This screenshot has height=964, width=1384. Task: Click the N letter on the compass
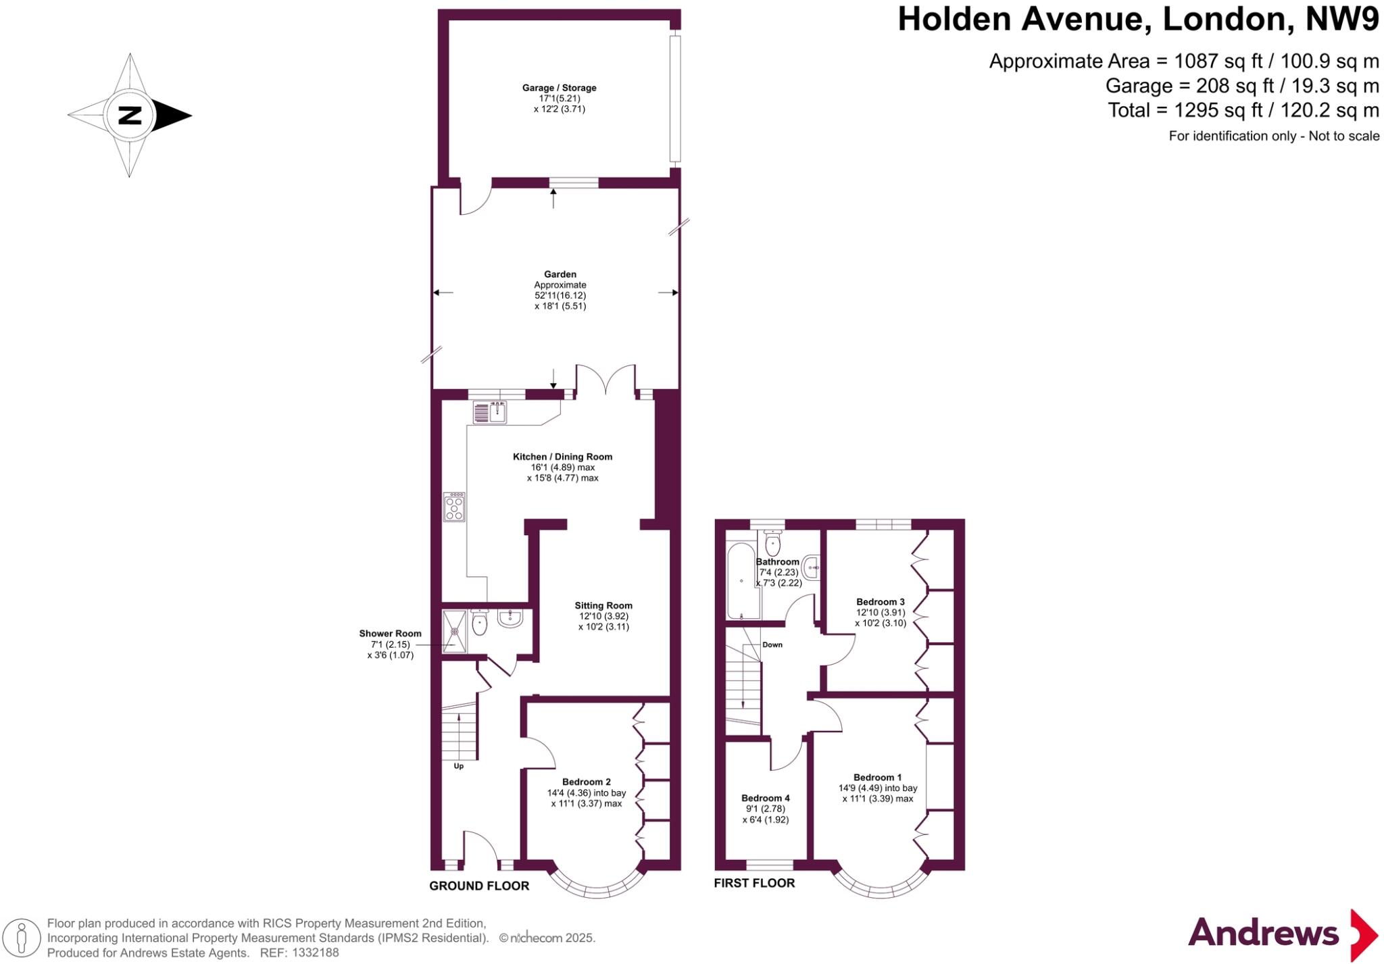click(130, 116)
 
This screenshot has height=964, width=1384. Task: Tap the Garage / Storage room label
click(559, 88)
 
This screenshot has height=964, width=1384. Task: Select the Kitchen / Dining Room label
click(562, 457)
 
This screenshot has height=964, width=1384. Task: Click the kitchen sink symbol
click(497, 411)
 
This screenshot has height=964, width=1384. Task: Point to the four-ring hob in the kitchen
click(454, 507)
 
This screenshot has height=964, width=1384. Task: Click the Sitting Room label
click(603, 605)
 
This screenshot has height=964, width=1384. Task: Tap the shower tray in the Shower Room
click(454, 632)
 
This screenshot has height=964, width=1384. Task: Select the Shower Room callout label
click(390, 634)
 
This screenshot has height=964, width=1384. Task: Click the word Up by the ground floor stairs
click(458, 766)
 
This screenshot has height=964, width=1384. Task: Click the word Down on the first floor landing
click(772, 644)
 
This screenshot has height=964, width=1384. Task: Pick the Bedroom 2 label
click(586, 782)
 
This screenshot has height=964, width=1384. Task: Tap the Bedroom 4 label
click(765, 798)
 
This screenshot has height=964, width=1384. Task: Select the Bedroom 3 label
click(880, 602)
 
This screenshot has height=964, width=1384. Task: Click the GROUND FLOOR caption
click(479, 886)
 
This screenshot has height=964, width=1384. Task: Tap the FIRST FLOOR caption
click(754, 883)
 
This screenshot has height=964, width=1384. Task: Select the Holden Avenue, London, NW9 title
click(1138, 20)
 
